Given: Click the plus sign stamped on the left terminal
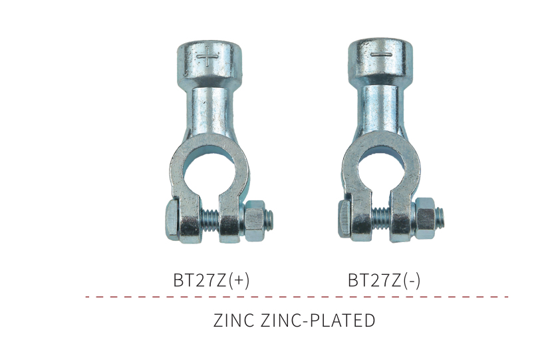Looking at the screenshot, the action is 208,57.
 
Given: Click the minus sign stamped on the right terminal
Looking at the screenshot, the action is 381,55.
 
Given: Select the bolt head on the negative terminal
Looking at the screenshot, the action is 345,218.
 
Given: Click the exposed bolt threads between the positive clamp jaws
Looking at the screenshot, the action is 210,220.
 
